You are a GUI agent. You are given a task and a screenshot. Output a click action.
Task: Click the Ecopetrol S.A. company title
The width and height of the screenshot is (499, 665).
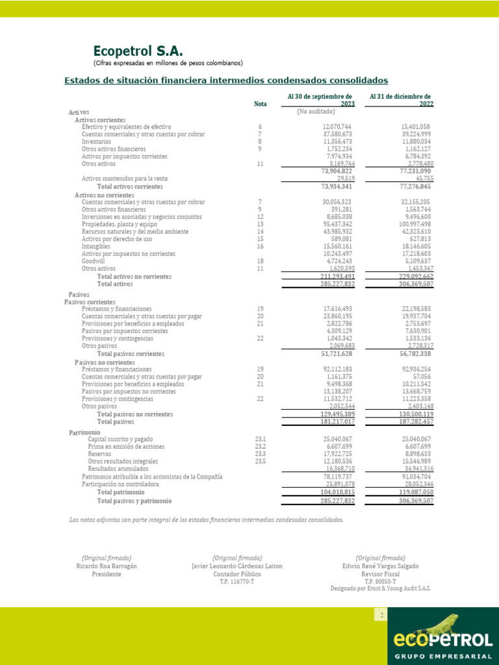coord(138,51)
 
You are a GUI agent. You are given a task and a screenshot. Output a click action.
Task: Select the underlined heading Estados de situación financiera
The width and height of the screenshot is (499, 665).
coord(226,81)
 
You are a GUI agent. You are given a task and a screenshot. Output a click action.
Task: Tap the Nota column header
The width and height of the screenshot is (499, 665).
coord(260,104)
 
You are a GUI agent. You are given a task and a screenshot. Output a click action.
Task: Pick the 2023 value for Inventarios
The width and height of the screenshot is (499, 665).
coord(337,141)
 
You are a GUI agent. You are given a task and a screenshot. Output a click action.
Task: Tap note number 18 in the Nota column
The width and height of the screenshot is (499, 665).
coord(260,262)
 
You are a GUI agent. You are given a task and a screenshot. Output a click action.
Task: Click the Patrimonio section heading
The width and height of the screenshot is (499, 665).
coord(85,432)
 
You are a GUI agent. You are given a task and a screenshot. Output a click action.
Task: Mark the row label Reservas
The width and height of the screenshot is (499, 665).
coord(100,454)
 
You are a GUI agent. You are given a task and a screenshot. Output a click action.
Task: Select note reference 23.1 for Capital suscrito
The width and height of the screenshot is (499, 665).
coord(261,439)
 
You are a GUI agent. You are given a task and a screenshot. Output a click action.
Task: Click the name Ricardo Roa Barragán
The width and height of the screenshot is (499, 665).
coord(107,566)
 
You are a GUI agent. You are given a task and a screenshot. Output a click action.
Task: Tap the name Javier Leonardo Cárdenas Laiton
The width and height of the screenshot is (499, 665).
coord(237,566)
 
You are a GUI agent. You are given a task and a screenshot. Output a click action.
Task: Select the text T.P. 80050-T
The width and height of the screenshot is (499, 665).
coord(380,581)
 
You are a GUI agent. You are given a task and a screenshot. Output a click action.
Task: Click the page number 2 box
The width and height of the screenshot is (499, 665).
coord(381,614)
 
